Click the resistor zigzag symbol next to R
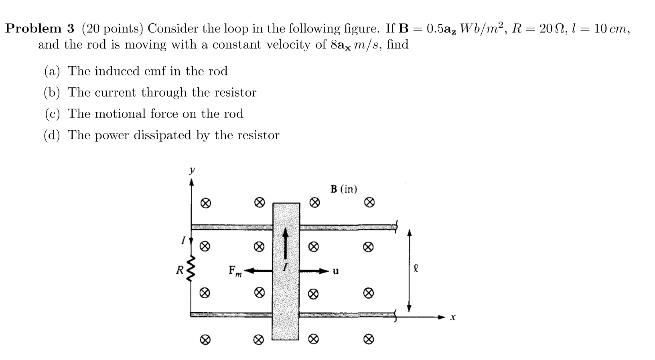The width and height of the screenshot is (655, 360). pyautogui.click(x=191, y=269)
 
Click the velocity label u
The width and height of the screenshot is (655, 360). pyautogui.click(x=336, y=271)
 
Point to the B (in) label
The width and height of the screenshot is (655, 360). pyautogui.click(x=344, y=189)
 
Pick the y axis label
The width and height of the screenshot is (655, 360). pyautogui.click(x=192, y=170)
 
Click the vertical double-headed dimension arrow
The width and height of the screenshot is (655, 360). pyautogui.click(x=409, y=271)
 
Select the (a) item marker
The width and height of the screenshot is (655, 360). pyautogui.click(x=52, y=71)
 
